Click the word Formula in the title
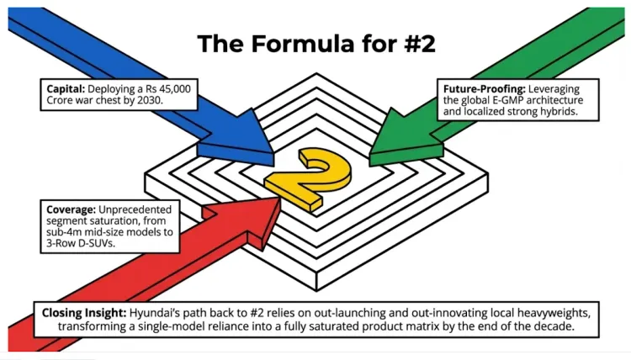click(x=302, y=44)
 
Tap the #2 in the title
click(x=419, y=44)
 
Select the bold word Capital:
click(x=66, y=89)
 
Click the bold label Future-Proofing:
click(x=484, y=89)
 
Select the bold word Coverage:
click(x=71, y=209)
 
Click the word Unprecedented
click(x=135, y=209)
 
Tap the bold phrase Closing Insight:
click(x=84, y=313)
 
